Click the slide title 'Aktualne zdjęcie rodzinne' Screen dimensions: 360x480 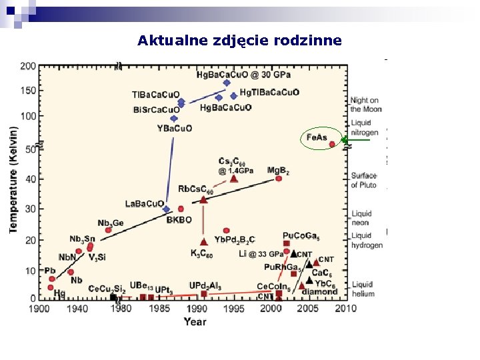coord(239,41)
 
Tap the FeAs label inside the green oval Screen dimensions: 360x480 coord(317,137)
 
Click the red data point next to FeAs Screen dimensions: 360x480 coord(332,144)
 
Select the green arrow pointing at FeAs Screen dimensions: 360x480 coord(356,140)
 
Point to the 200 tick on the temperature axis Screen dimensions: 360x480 coord(28,66)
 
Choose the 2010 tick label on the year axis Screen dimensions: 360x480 coord(345,308)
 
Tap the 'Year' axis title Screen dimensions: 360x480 coord(195,321)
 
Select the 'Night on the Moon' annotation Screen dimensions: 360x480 coord(365,105)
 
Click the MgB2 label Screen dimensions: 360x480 coord(278,171)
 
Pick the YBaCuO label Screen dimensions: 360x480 coord(175,128)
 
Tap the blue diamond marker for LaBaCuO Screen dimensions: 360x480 coord(166,209)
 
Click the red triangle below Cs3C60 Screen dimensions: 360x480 coord(233,178)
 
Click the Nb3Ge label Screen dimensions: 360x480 coord(110,223)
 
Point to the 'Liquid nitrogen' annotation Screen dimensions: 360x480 coord(365,127)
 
